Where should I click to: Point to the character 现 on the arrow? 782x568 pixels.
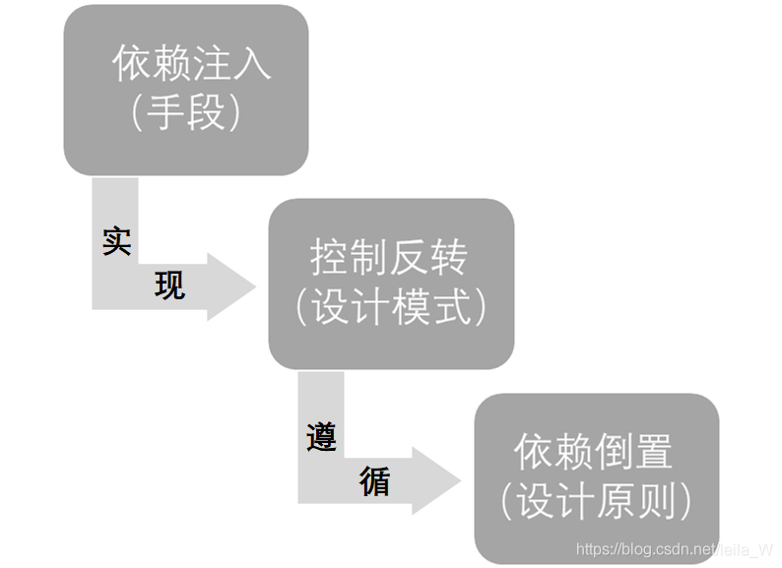(169, 285)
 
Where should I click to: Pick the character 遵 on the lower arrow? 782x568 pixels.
(321, 436)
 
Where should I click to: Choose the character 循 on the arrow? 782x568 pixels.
(374, 481)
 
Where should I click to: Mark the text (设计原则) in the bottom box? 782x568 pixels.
(596, 503)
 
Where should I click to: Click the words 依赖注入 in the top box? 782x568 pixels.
(191, 64)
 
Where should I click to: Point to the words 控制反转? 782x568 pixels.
(389, 259)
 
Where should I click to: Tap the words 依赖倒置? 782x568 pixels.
(593, 453)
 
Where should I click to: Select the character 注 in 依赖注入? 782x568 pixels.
(213, 64)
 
